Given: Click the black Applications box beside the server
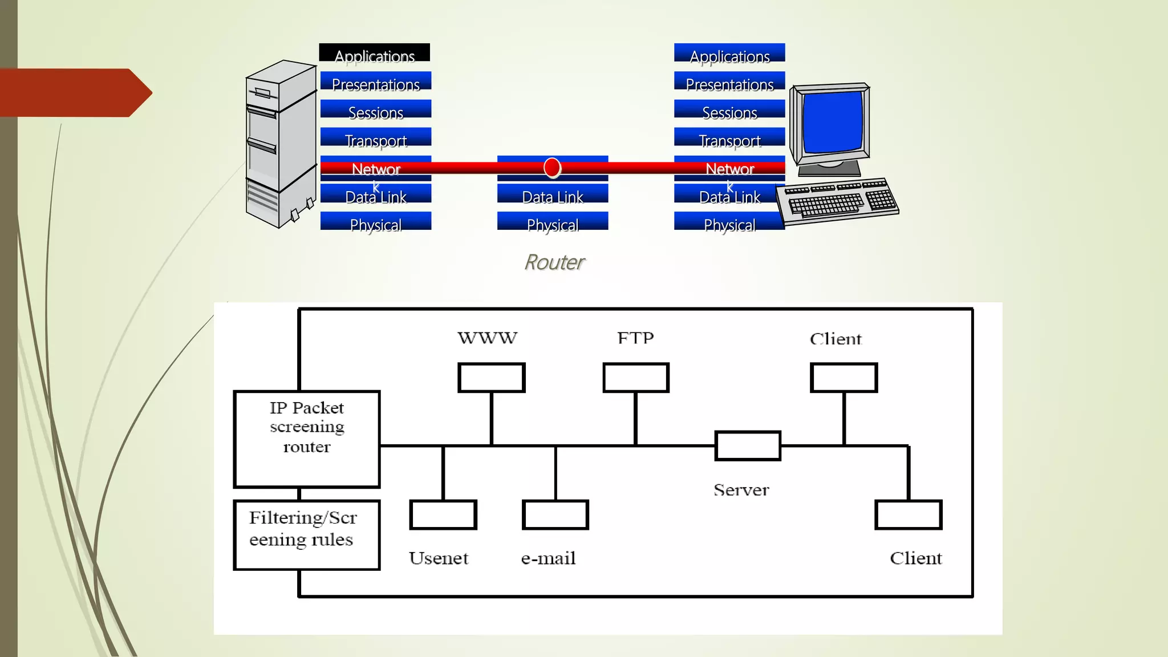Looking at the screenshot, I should [x=374, y=53].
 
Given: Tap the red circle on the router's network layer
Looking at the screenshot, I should [x=552, y=168].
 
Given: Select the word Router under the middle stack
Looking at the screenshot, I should [x=554, y=262].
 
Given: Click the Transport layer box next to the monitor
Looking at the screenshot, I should [x=729, y=138].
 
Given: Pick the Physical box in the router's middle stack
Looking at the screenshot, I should [x=552, y=222].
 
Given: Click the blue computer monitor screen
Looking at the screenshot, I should [x=833, y=121].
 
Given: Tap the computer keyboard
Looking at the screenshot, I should [x=837, y=201].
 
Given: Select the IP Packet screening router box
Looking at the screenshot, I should [x=307, y=439].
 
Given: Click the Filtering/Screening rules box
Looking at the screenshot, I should [x=307, y=534].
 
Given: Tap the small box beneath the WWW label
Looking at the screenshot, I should [x=491, y=378].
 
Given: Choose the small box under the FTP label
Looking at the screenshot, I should [x=635, y=378].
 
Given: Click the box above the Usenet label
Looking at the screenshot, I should [x=443, y=514].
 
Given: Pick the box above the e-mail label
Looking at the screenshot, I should [x=555, y=514].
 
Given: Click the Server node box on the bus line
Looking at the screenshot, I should [x=748, y=445].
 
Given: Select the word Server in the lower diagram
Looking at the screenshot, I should [x=741, y=490].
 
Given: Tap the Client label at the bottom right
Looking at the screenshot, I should [x=915, y=558].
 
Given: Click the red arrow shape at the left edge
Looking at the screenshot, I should [x=74, y=92].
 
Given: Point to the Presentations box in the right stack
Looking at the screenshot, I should [x=729, y=82].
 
